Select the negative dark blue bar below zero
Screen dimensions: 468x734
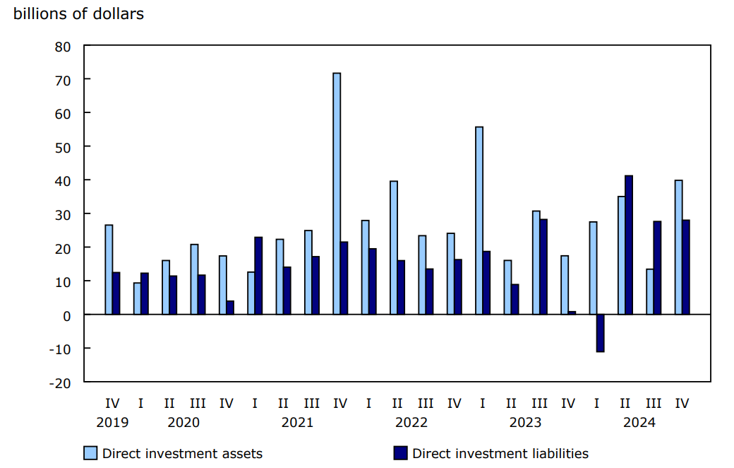tap(600, 333)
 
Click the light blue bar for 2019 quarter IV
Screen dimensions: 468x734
tap(109, 269)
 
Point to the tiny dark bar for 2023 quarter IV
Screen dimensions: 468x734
tap(572, 312)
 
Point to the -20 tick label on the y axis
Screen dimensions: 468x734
tap(60, 382)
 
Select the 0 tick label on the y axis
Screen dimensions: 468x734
tap(68, 315)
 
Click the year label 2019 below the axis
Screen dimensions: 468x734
tap(112, 423)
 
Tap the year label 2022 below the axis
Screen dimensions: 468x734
tap(411, 423)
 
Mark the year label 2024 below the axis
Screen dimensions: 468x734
tap(639, 423)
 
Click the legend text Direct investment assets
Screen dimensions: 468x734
tap(182, 454)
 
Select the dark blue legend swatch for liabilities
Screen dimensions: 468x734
tap(400, 453)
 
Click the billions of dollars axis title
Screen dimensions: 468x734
tap(78, 13)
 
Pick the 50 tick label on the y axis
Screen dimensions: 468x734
tap(64, 147)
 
